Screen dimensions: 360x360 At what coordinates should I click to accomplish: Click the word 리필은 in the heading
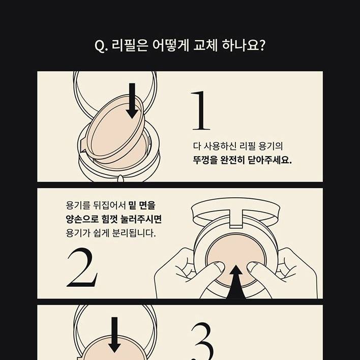[130, 45]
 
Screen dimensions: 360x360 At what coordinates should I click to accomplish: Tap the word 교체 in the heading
[205, 45]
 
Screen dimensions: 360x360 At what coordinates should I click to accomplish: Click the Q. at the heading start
[101, 46]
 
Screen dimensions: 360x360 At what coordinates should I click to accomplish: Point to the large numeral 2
[82, 267]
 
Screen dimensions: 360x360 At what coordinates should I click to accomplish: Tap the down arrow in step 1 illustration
[132, 101]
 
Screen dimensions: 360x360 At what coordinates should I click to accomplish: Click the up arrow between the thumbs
[235, 282]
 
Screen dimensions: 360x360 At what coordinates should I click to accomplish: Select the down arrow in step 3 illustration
[114, 335]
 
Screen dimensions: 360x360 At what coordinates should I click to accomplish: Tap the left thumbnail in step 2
[219, 266]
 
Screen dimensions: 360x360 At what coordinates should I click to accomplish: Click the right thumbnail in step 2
[252, 266]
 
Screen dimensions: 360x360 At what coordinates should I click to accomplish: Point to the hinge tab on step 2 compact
[236, 218]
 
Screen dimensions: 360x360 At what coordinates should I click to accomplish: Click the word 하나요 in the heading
[244, 45]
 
